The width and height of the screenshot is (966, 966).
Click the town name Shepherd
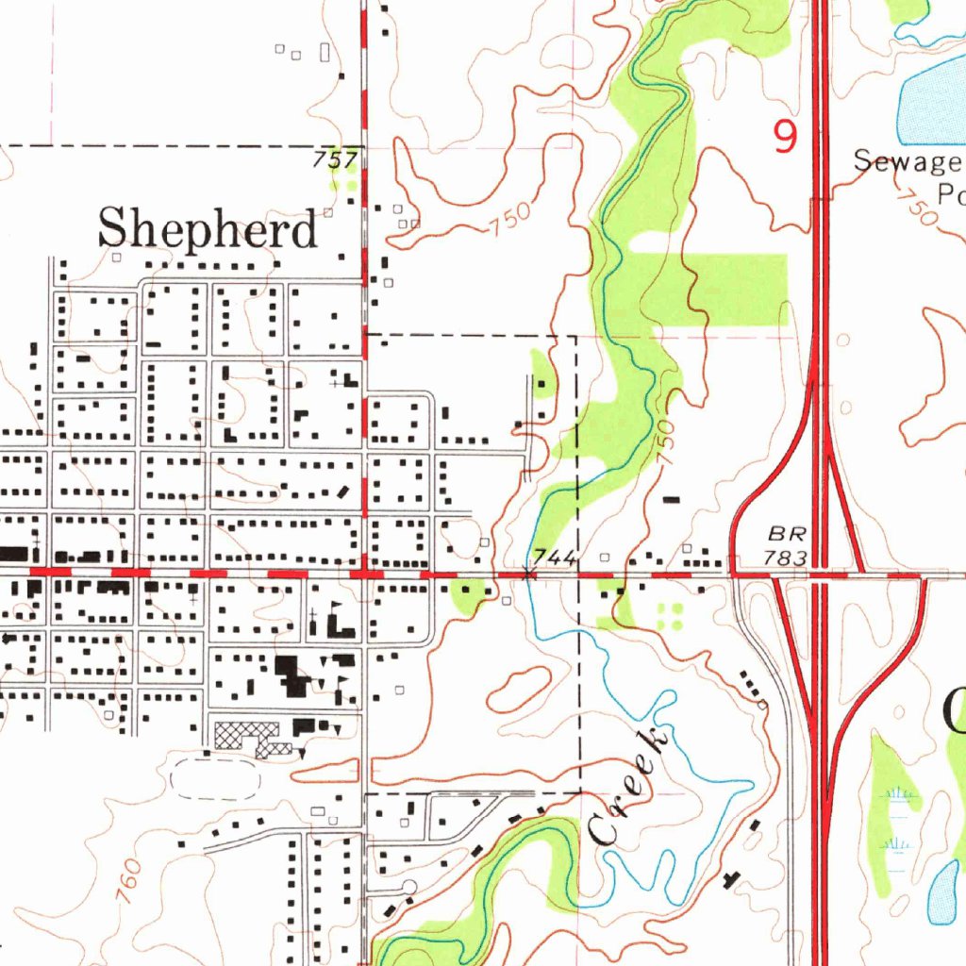208,229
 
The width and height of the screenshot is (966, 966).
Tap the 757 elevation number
334,160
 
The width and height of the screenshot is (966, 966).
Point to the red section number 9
784,138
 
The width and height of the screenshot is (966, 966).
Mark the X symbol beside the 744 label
527,573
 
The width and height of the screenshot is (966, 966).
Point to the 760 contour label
129,881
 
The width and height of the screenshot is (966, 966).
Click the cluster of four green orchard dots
669,616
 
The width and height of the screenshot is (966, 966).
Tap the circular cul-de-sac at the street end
409,886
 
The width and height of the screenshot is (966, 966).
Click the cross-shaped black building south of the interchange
729,879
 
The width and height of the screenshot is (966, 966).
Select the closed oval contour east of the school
519,690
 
